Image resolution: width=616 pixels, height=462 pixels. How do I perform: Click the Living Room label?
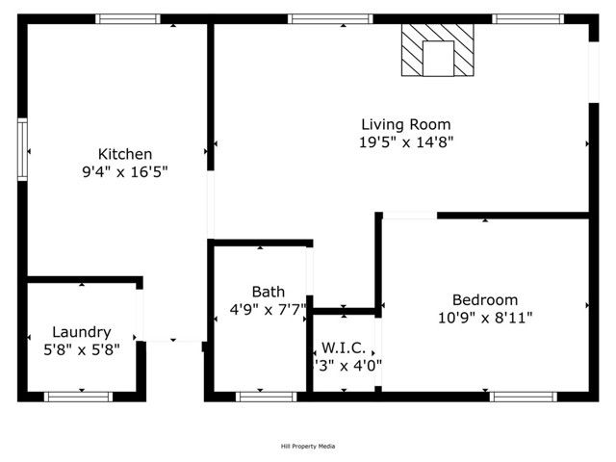click(x=405, y=124)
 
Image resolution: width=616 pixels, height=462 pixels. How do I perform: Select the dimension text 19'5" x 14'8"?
click(x=405, y=141)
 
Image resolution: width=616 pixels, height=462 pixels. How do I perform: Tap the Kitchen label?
click(x=125, y=154)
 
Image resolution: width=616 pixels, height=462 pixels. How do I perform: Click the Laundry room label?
click(x=81, y=332)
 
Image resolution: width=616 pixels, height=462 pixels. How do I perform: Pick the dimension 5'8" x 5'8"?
click(x=81, y=350)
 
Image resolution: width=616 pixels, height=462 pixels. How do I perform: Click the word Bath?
click(x=268, y=292)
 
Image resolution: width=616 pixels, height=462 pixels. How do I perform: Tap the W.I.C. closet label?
click(x=342, y=347)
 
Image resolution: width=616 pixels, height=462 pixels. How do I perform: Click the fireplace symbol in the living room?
click(x=438, y=50)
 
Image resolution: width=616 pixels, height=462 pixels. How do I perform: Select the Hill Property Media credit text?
click(x=308, y=446)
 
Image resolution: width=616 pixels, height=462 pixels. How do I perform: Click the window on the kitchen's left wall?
click(x=22, y=150)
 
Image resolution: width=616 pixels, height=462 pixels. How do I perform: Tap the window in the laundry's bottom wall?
click(x=79, y=396)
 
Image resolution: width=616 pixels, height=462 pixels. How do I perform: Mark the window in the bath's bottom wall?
click(x=266, y=396)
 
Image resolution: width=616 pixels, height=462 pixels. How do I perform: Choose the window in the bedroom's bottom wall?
click(x=523, y=396)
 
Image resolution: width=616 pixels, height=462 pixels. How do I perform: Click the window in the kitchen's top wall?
click(x=128, y=18)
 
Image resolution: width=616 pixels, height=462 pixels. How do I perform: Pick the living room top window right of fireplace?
click(x=527, y=18)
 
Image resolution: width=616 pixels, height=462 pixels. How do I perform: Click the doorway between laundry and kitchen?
click(x=141, y=314)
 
